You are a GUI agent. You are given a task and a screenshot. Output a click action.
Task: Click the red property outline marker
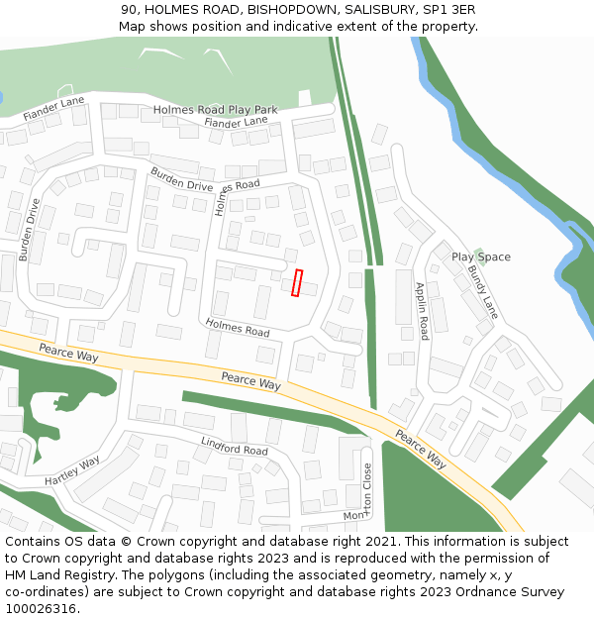tap(298, 283)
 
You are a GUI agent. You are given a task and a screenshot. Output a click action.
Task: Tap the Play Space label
tap(481, 258)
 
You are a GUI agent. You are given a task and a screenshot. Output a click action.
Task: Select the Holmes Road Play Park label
tap(216, 110)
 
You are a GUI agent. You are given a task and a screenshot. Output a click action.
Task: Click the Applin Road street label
tap(422, 309)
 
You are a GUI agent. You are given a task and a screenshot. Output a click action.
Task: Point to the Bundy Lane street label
tap(484, 291)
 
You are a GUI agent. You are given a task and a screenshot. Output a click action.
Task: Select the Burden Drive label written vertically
tap(29, 230)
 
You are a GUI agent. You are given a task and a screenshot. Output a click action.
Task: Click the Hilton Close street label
tap(368, 489)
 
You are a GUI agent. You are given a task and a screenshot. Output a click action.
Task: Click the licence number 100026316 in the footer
tap(40, 609)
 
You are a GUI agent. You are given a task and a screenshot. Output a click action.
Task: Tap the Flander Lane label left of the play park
tap(53, 109)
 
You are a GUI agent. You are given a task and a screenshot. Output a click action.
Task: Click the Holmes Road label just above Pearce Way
tap(238, 327)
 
